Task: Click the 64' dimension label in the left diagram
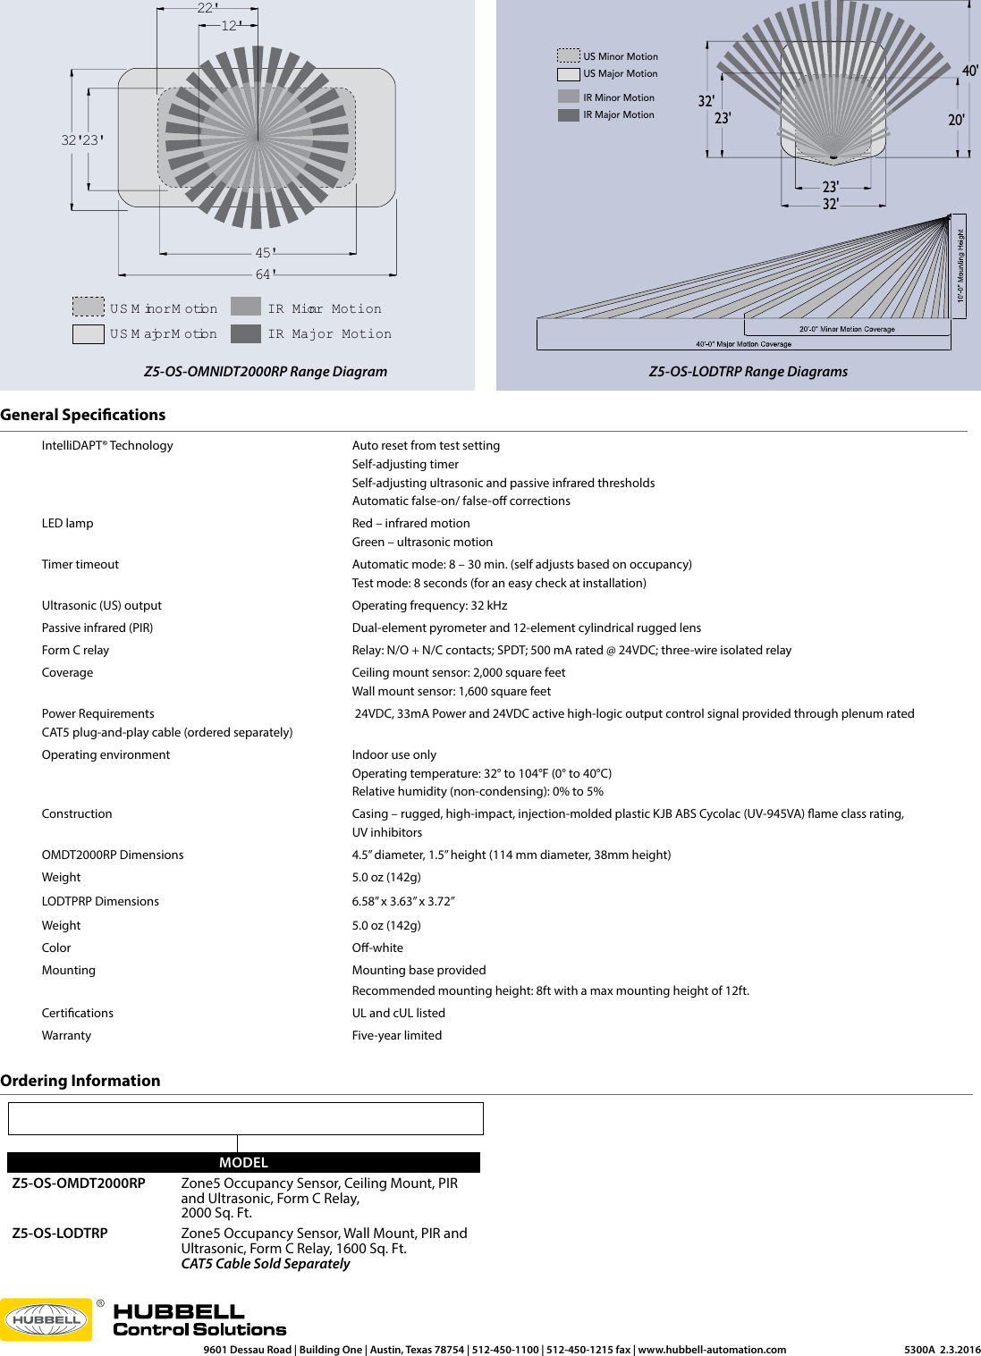point(266,274)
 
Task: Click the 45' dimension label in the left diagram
point(266,253)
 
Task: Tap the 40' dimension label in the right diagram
point(969,71)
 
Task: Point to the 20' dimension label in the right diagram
point(956,120)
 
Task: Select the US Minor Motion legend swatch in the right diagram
point(568,55)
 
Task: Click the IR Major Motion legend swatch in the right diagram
point(568,114)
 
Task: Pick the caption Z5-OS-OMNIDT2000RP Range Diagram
point(266,372)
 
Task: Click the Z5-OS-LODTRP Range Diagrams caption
point(748,372)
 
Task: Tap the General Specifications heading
point(82,415)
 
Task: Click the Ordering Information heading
point(80,1081)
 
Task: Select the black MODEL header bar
point(243,1162)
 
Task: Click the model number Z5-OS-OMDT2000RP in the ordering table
point(79,1183)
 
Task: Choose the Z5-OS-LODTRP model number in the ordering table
point(60,1234)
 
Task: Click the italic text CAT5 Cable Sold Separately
point(266,1264)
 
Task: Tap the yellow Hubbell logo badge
point(47,1319)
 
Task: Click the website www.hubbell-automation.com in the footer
point(712,1350)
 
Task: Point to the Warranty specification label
point(66,1035)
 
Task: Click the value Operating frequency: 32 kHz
point(429,605)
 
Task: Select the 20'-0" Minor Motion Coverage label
point(846,329)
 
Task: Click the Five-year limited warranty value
point(397,1035)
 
